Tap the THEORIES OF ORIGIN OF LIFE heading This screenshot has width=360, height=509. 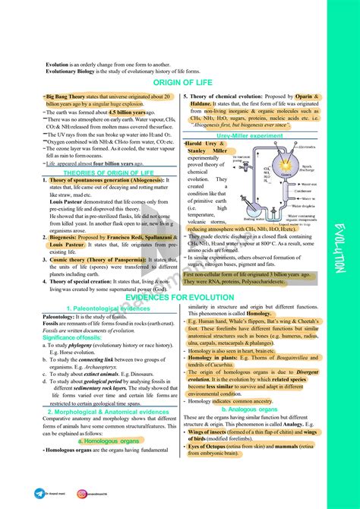point(94,172)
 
